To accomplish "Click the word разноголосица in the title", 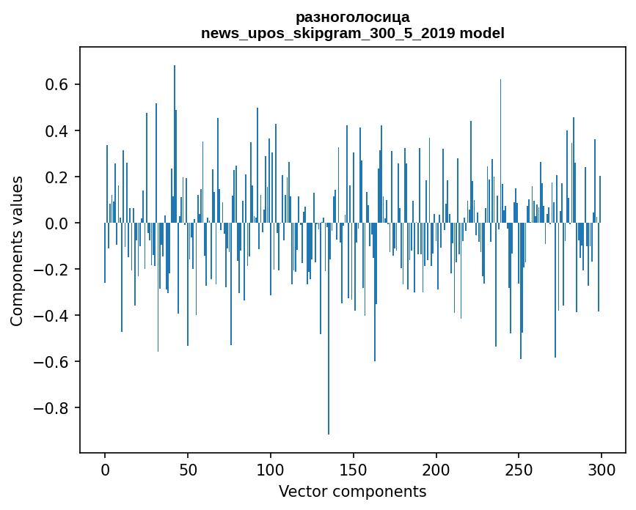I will tap(352, 17).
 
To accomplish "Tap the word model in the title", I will tap(481, 33).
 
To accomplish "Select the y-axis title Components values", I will tap(16, 251).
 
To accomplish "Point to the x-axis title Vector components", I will tap(352, 491).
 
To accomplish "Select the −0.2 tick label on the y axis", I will tap(50, 270).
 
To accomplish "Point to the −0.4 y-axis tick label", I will tap(50, 316).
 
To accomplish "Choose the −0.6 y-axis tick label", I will tap(50, 362).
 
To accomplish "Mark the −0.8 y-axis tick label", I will tap(50, 408).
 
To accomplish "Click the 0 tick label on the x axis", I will tap(105, 469).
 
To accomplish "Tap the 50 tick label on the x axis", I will tap(188, 469).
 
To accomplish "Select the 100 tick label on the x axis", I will tap(271, 469).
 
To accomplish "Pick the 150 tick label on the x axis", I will tap(354, 469).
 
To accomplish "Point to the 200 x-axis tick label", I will tap(436, 469).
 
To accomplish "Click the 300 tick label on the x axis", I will tap(602, 469).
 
